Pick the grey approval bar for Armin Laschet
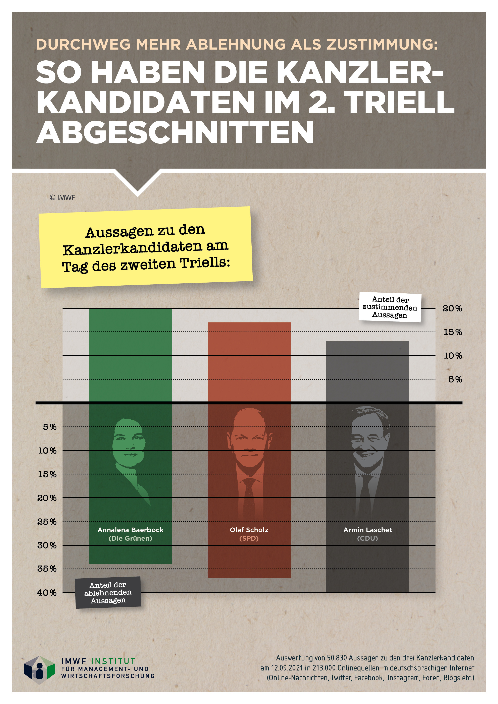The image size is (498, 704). (367, 371)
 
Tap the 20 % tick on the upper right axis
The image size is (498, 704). (452, 308)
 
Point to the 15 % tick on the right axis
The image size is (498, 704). (453, 332)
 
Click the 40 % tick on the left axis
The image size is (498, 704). (47, 593)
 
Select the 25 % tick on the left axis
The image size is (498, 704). (47, 522)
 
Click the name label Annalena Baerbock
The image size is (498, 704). (130, 530)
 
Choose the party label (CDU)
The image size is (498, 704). (367, 538)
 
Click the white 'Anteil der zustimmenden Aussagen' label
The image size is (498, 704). (390, 307)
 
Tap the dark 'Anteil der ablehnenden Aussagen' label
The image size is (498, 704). (108, 592)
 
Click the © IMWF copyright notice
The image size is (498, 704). (62, 197)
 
